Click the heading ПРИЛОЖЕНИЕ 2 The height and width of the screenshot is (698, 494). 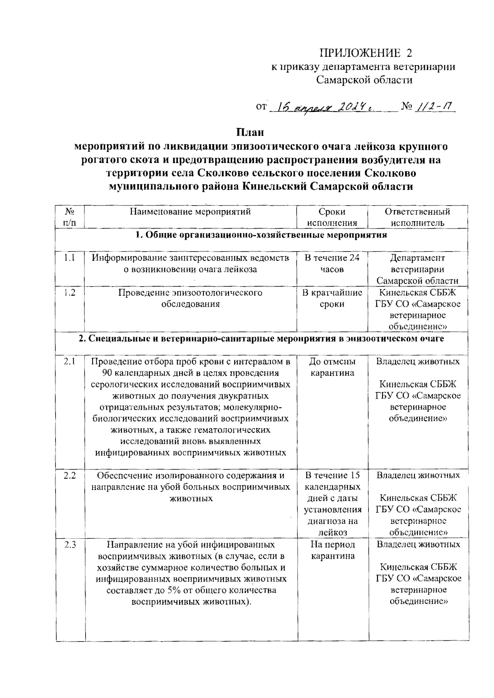[366, 53]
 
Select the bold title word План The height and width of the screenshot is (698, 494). [249, 133]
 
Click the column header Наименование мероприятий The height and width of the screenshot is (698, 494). [191, 212]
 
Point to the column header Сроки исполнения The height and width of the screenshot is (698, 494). [332, 217]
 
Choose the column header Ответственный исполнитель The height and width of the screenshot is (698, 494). [417, 217]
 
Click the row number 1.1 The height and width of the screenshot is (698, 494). [70, 258]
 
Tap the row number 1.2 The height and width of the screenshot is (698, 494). [70, 293]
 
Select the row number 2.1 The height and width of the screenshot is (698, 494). [70, 362]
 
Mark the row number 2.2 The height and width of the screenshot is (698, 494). [70, 475]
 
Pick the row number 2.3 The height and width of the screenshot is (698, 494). [70, 544]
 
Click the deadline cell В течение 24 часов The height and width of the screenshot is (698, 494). [332, 264]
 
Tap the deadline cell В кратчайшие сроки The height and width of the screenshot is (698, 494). [332, 298]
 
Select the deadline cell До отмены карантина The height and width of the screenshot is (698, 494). [332, 367]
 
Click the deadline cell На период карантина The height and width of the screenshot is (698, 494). [332, 550]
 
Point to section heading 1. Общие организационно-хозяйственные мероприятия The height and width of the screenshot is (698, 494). [261, 235]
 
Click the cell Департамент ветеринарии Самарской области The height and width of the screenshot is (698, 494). [417, 269]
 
